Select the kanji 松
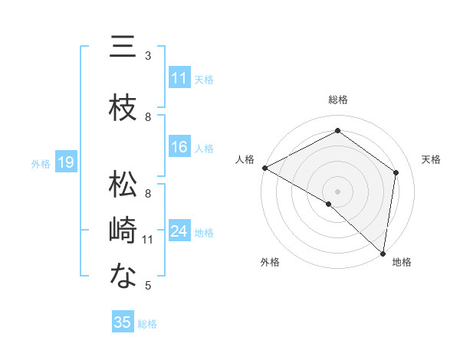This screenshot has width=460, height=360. click(123, 185)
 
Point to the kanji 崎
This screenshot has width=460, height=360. click(123, 231)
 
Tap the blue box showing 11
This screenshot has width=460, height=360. click(179, 78)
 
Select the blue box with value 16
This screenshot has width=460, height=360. click(179, 147)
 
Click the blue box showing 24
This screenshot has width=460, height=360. click(179, 232)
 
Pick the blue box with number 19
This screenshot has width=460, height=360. click(65, 162)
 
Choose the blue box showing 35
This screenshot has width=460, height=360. click(123, 322)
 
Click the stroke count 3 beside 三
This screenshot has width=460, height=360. click(148, 56)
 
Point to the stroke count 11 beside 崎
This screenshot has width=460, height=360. click(148, 240)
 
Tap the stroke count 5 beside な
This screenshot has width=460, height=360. click(148, 286)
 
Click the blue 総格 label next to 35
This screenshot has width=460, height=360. click(147, 324)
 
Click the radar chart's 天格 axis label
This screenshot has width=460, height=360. click(431, 159)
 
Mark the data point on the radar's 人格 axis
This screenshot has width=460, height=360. click(264, 168)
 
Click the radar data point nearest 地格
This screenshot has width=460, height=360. click(383, 253)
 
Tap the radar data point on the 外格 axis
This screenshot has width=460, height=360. click(329, 204)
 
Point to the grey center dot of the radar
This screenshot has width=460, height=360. click(337, 191)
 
